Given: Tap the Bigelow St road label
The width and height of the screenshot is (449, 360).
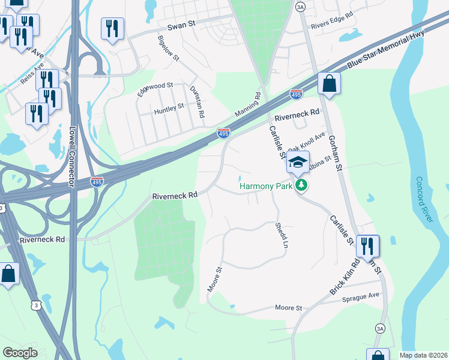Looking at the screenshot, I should pos(168,47).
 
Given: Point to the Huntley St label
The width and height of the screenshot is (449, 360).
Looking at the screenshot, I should pos(169,109).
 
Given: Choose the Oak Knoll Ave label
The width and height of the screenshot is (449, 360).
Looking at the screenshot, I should pos(306,142).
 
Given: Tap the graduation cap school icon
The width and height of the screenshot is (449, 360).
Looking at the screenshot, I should pos(298,161).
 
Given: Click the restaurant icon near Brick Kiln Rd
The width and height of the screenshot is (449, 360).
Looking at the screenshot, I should pos(367,245).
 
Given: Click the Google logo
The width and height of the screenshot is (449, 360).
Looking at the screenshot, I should pos(20,353).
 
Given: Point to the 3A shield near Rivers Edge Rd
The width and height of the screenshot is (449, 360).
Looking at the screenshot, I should pos(301,7).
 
